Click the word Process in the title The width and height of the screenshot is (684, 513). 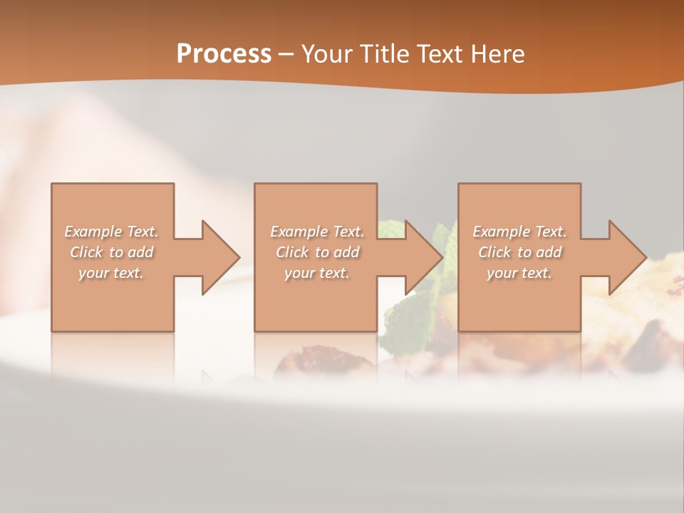tap(224, 54)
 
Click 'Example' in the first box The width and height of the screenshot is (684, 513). tap(93, 232)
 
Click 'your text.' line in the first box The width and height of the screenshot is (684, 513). tap(111, 273)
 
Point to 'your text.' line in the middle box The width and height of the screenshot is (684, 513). tap(316, 273)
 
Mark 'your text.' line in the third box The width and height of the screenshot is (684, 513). tap(519, 273)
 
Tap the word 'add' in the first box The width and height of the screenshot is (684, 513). tap(140, 252)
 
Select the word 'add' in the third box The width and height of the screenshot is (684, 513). tap(549, 252)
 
